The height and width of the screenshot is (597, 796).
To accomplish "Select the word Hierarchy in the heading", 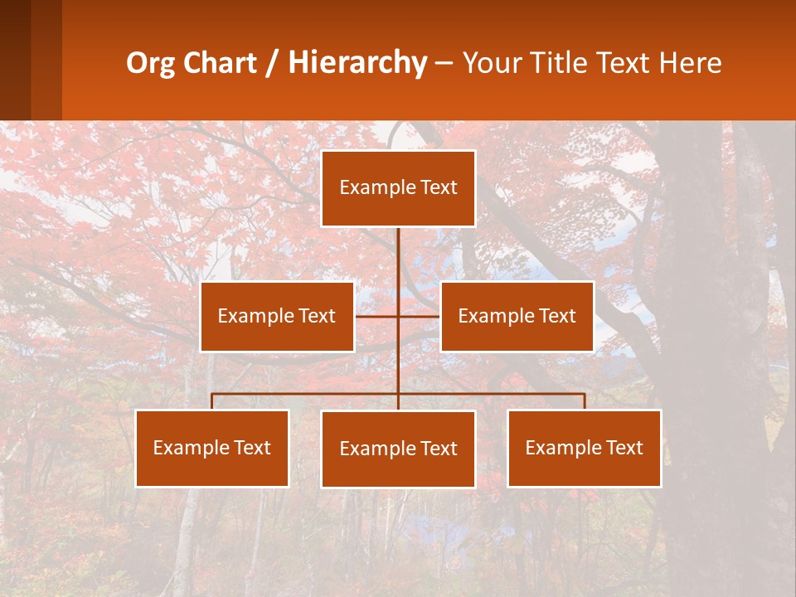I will (357, 63).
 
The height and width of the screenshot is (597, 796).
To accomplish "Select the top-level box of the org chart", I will (398, 188).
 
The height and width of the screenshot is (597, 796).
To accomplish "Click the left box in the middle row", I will (277, 316).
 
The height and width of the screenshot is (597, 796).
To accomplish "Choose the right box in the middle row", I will (517, 316).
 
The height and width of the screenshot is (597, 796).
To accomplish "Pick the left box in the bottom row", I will (212, 448).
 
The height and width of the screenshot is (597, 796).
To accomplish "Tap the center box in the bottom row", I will (398, 449).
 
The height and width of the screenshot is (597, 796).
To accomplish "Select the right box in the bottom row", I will (584, 448).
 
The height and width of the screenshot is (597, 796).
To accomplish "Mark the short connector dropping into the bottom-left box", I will (212, 401).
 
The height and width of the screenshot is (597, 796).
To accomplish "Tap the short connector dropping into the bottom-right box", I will (585, 401).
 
